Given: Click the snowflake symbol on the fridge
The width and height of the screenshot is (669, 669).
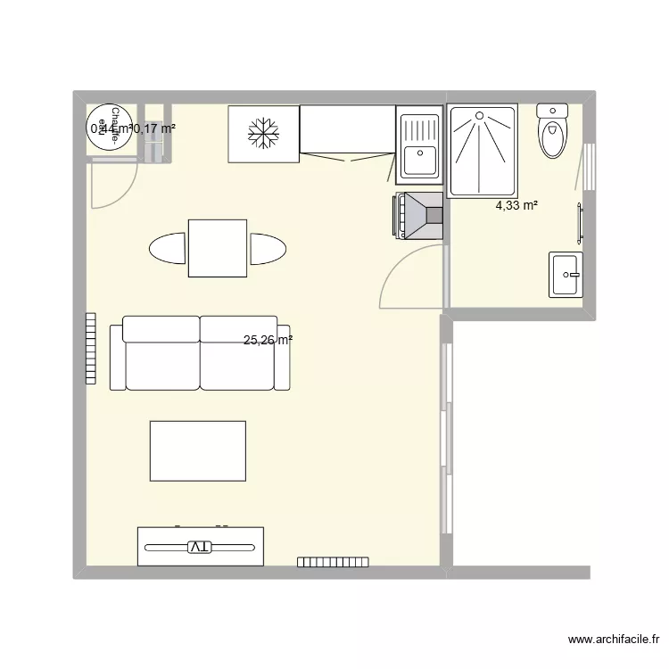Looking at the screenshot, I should (263, 135).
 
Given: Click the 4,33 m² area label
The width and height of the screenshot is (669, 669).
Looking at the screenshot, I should (517, 206).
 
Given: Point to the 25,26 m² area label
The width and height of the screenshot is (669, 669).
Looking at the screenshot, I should (268, 340).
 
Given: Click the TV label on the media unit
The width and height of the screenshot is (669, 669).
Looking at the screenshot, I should (201, 546).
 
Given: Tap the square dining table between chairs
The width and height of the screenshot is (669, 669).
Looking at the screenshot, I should (217, 248).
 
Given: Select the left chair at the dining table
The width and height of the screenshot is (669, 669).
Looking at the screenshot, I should (168, 248).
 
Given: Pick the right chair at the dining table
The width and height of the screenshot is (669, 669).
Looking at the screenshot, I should (267, 248).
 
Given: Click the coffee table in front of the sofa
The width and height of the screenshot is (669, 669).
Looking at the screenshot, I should (198, 451).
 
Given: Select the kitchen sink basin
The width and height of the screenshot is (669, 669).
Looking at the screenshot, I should (417, 161).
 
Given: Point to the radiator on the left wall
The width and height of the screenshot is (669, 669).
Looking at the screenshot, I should (90, 348).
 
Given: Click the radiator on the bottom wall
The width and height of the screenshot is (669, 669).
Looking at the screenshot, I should (327, 562).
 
